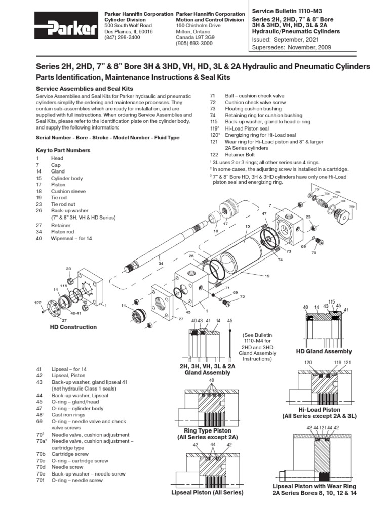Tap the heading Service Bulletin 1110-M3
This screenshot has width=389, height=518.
point(286,10)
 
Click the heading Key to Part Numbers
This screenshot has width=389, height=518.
point(63,150)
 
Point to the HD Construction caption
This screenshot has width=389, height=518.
point(73,327)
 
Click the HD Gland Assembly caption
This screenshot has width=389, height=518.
point(324,351)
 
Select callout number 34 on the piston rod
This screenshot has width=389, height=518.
point(161,263)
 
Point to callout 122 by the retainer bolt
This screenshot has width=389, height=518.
point(37,302)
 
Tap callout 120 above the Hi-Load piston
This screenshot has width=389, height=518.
point(307,363)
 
